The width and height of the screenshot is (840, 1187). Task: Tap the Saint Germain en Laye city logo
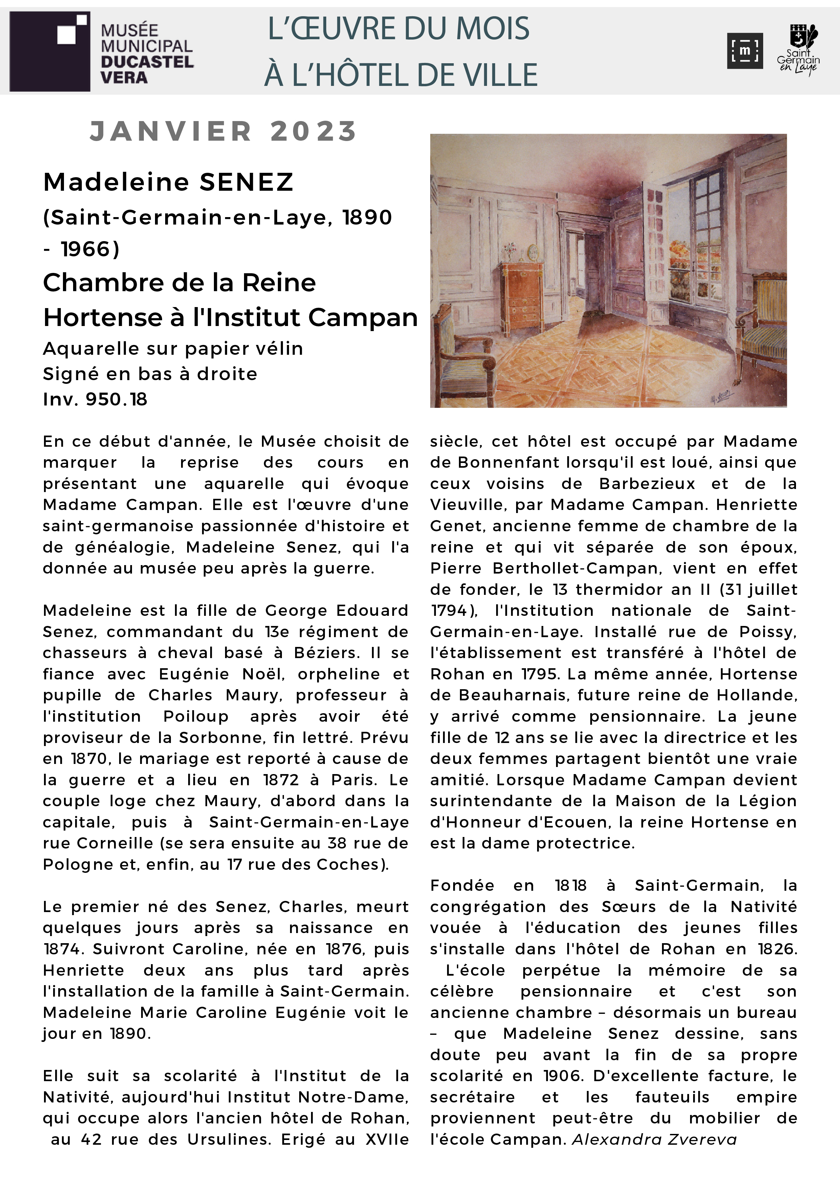click(798, 51)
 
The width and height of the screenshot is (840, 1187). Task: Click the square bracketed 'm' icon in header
click(744, 51)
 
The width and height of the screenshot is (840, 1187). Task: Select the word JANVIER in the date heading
click(171, 131)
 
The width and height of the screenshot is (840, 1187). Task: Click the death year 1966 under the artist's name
click(90, 249)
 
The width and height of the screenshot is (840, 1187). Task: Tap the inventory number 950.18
click(116, 399)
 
